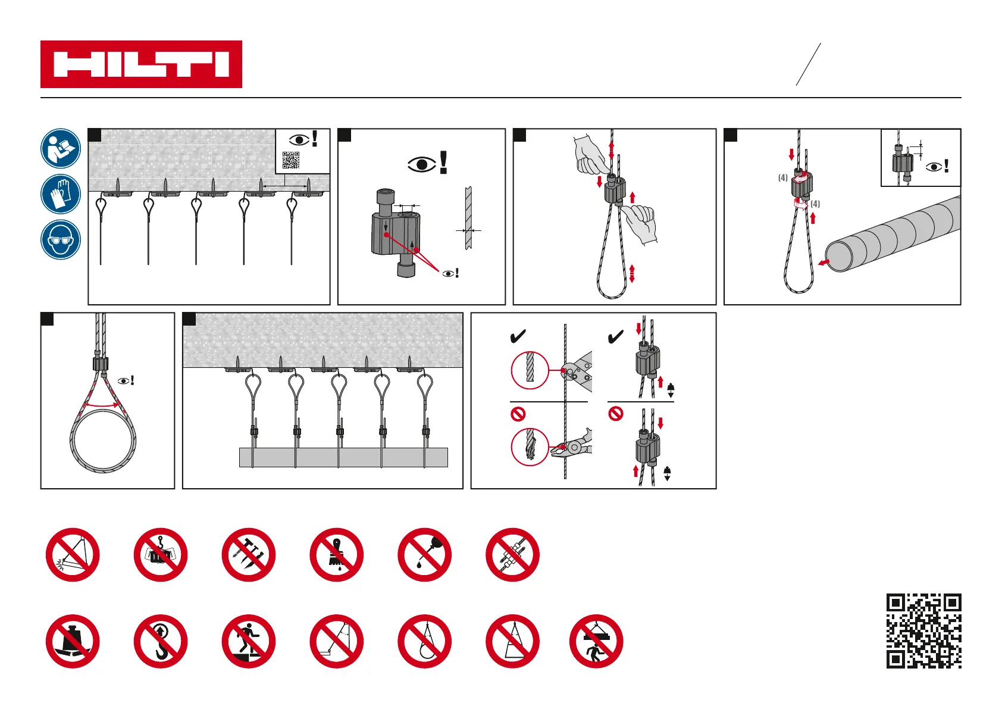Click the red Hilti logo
coord(141,64)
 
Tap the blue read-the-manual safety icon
coord(61,148)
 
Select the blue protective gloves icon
coord(61,194)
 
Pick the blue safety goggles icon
coord(61,240)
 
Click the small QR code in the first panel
coord(291,160)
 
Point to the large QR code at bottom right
coord(923,631)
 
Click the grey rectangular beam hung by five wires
coord(343,457)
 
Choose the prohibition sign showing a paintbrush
coord(337,555)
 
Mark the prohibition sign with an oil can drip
coord(425,555)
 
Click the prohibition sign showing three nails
coord(249,555)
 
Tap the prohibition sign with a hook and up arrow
coord(161,642)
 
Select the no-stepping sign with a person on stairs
coord(249,642)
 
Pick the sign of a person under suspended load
coord(596,642)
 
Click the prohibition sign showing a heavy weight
coord(73,642)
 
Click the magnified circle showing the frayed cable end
coord(530,446)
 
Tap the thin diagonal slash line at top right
coord(809,64)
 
